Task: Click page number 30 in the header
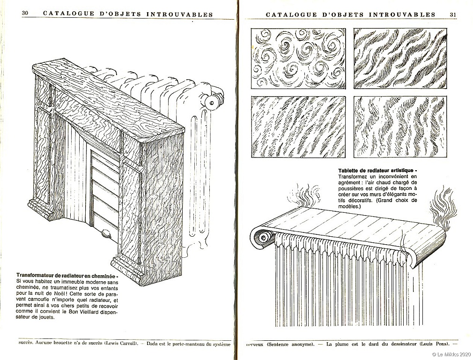25,13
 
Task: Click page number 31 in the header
453,14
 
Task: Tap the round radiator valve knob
212,103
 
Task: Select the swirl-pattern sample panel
298,59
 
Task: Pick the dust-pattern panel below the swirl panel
298,127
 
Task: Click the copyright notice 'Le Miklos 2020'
452,354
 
